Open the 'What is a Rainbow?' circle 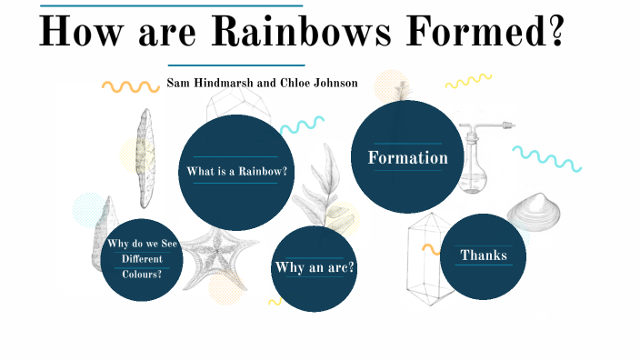click(236, 172)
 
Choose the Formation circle click(407, 157)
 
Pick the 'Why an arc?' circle click(314, 267)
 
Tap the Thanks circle click(484, 255)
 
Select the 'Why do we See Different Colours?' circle click(141, 258)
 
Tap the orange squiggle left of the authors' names click(130, 86)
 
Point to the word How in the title click(83, 32)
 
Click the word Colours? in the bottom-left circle click(141, 273)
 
